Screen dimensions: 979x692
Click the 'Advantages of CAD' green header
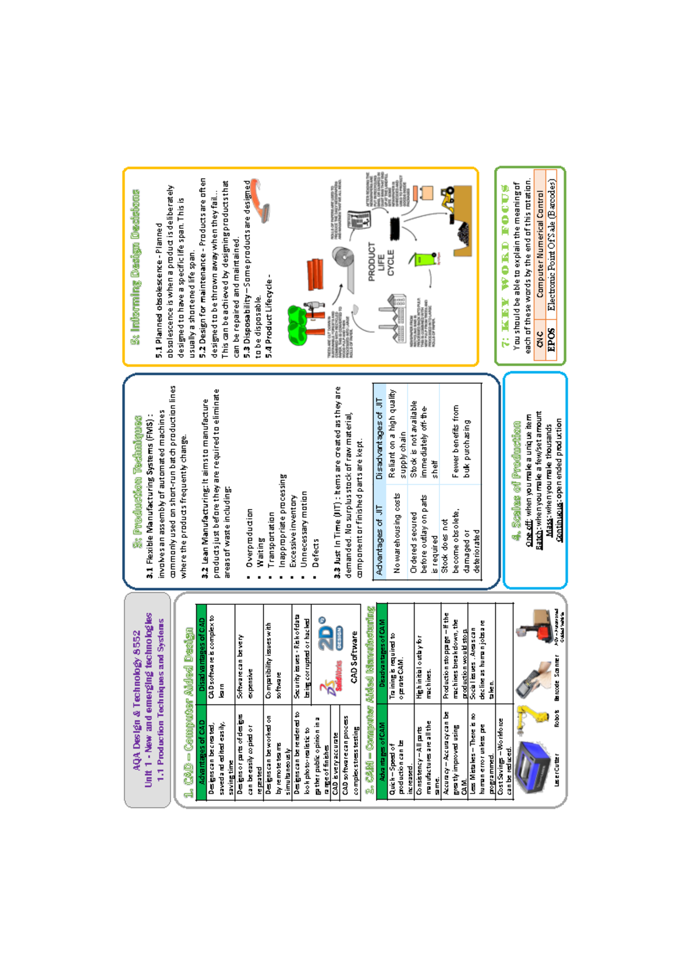[x=201, y=751]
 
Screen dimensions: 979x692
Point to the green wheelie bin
[x=424, y=259]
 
